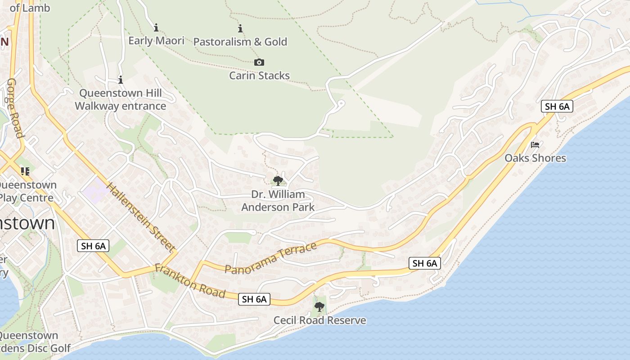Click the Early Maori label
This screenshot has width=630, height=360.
tap(156, 40)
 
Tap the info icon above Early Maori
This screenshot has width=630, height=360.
tap(156, 27)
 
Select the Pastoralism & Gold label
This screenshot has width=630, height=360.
tap(240, 42)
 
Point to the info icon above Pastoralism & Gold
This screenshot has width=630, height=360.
tap(240, 29)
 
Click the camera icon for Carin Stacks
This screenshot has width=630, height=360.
tap(259, 62)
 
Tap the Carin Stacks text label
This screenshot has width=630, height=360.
tap(259, 75)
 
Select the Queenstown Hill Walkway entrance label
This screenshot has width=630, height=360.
tap(120, 100)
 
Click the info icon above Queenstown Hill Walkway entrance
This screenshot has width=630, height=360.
tap(120, 80)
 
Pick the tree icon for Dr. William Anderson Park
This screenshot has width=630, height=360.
tap(278, 181)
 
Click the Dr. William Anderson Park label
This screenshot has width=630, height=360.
tap(278, 201)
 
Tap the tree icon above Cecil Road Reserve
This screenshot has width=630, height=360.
tap(319, 307)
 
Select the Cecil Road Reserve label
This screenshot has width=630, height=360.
tap(319, 320)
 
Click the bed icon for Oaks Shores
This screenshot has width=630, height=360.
tap(535, 145)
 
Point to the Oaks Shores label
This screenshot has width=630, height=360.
tap(535, 158)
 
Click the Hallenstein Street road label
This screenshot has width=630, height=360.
tap(140, 216)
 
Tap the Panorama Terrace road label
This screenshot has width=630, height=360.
tap(270, 258)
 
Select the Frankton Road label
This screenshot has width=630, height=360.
tap(190, 281)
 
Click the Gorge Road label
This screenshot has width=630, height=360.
tap(14, 108)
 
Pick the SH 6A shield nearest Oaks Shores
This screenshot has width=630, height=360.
tap(557, 106)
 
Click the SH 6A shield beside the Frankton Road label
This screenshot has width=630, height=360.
tap(254, 299)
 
